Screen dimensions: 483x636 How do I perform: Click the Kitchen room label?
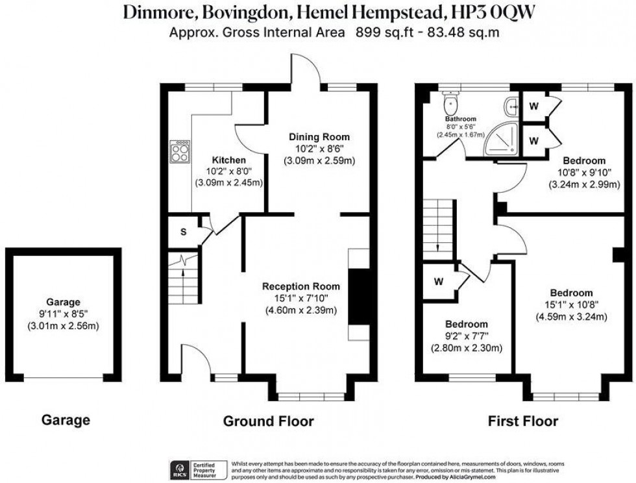click(229, 160)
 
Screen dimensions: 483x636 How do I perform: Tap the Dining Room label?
click(319, 137)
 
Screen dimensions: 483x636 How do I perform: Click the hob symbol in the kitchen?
click(180, 152)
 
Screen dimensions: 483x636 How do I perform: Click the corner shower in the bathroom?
click(504, 137)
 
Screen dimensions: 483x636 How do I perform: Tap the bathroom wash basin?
click(513, 103)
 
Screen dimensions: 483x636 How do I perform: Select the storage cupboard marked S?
click(184, 232)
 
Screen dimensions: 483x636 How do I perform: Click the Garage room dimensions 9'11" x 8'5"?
click(63, 314)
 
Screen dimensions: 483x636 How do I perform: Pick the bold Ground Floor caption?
click(268, 421)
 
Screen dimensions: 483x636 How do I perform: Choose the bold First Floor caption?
click(522, 421)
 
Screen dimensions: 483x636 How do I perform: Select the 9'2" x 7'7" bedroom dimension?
click(466, 336)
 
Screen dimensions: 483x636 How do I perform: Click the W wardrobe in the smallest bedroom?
click(439, 282)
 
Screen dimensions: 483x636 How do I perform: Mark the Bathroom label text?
click(461, 119)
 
